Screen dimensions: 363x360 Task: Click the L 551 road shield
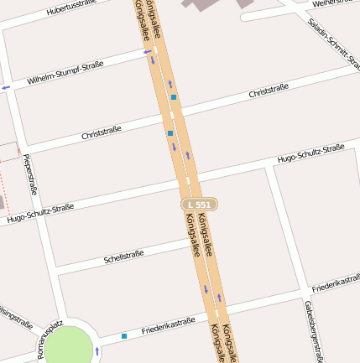(x=199, y=205)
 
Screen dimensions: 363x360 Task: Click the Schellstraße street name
(x=123, y=256)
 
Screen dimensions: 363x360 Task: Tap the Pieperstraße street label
(x=29, y=174)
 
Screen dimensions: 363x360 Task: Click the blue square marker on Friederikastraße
(x=124, y=336)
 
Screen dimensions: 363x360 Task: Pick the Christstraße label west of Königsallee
(x=102, y=132)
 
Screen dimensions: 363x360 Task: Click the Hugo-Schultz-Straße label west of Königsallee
(x=39, y=213)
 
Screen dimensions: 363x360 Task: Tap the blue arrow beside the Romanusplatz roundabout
(x=98, y=350)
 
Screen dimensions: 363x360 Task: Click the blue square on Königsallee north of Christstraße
(x=174, y=97)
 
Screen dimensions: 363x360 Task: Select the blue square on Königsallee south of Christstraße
(x=170, y=133)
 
